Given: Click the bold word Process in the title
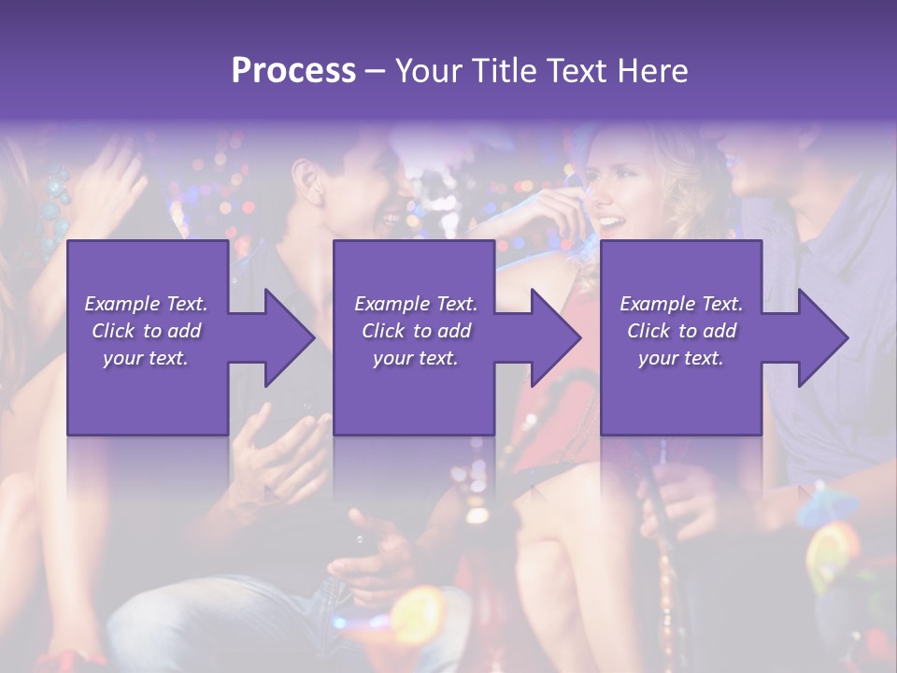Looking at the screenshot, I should tap(293, 70).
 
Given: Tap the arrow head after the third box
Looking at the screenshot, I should tap(821, 337).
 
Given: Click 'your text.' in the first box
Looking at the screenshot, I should tap(146, 358).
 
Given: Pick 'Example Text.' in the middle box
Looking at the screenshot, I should tap(415, 304).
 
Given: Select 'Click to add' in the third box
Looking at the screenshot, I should tap(681, 331).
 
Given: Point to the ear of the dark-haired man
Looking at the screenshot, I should tap(306, 177).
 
